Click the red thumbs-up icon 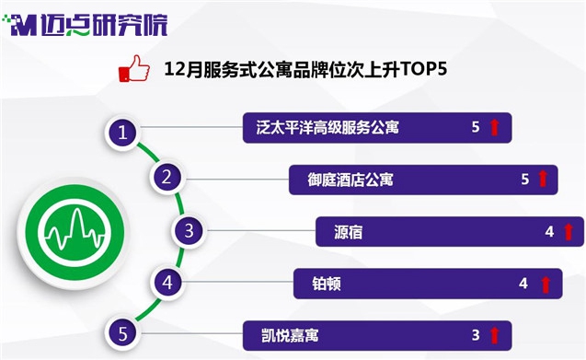[x=133, y=69]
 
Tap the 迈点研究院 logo [x=86, y=25]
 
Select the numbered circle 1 [x=122, y=133]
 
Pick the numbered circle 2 [x=167, y=177]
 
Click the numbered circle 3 [x=189, y=230]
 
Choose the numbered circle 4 [x=167, y=282]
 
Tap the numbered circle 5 [x=122, y=333]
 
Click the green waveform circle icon [x=74, y=232]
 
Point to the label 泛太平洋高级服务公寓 [x=327, y=128]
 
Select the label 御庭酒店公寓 [x=350, y=180]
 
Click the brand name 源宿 [x=348, y=232]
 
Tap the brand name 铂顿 [x=327, y=284]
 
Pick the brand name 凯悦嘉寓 [x=290, y=335]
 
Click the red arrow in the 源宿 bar [x=569, y=232]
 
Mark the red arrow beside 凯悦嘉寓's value [x=494, y=335]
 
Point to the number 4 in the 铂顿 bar [x=523, y=284]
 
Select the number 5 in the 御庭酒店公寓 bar [x=525, y=180]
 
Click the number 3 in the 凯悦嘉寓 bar [x=476, y=335]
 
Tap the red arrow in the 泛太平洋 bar [x=494, y=127]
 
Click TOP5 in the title [x=423, y=69]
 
